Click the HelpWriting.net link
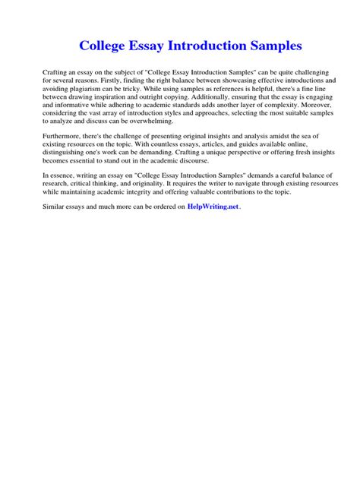pos(213,206)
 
